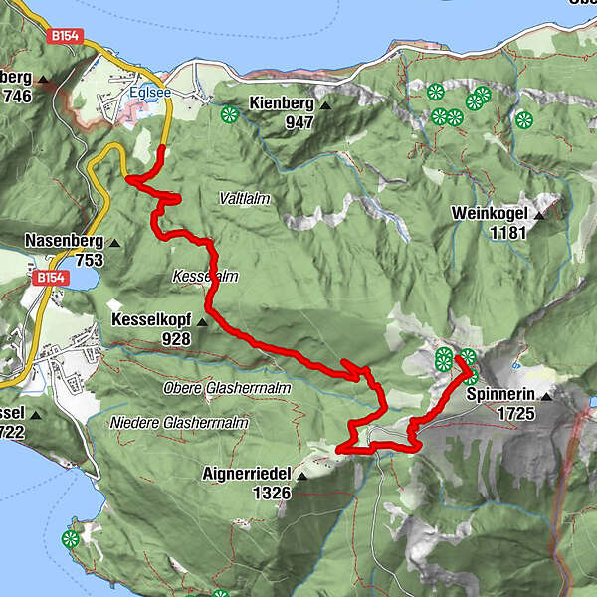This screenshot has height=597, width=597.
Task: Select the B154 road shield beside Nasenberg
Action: (x=48, y=277)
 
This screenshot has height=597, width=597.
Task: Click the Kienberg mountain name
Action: (x=282, y=103)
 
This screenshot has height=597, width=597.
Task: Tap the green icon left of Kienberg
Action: (x=230, y=114)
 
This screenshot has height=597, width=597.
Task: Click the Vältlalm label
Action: (x=245, y=199)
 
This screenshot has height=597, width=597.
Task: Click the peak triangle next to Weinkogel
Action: (x=539, y=214)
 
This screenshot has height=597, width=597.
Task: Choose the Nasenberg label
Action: (x=66, y=241)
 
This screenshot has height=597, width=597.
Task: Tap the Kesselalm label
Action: (x=204, y=276)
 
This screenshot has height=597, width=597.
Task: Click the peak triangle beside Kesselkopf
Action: (x=202, y=322)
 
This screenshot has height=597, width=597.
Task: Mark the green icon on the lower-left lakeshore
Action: (x=70, y=539)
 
